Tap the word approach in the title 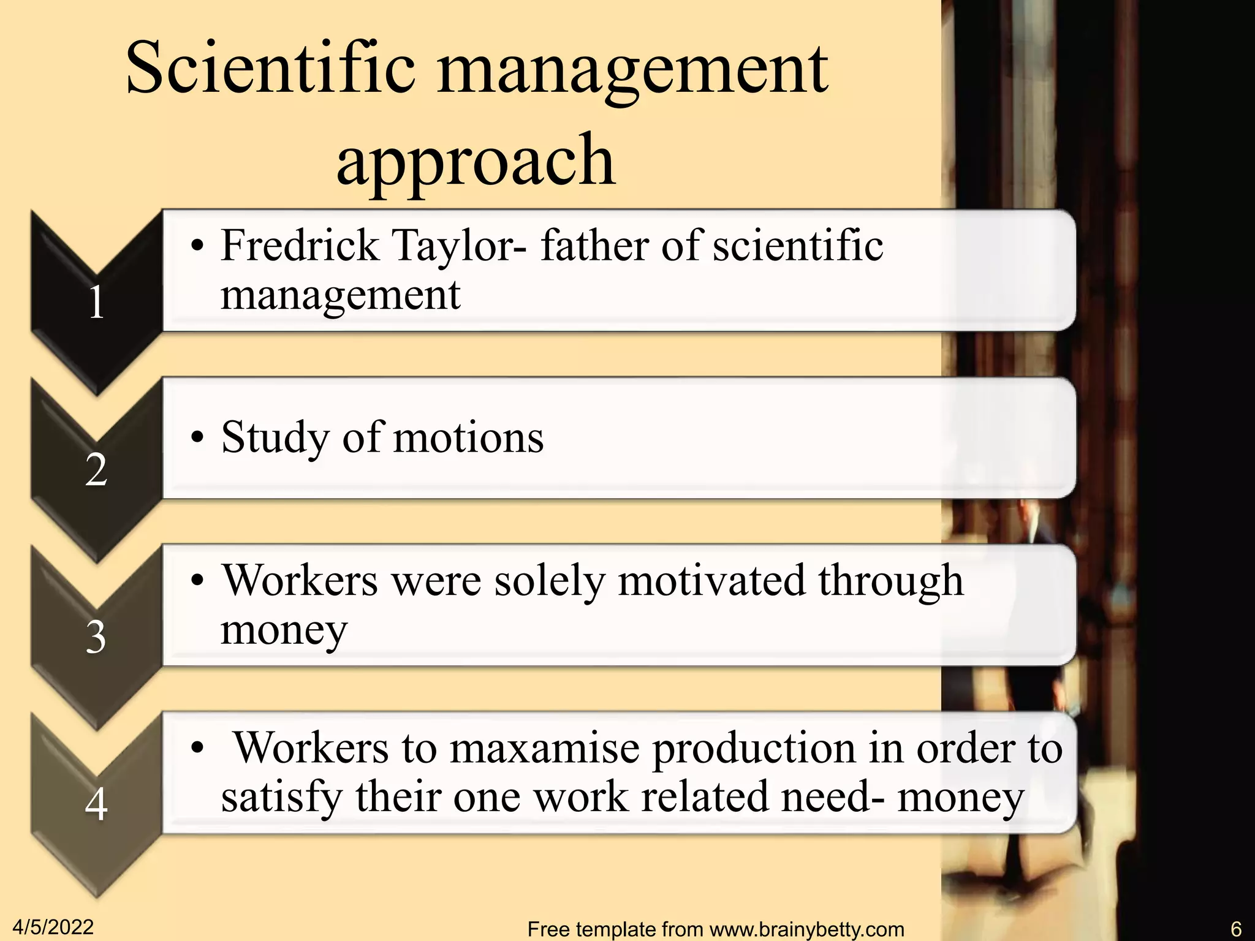coord(476,161)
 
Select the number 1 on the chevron coord(96,303)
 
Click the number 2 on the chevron coord(96,470)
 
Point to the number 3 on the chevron coord(96,637)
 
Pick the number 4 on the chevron coord(96,804)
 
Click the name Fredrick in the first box coord(300,245)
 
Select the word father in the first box coord(594,245)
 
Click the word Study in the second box coord(275,439)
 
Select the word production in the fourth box coord(754,749)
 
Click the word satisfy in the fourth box coord(281,798)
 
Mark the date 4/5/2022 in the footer coord(53,927)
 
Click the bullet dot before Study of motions coord(197,438)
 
